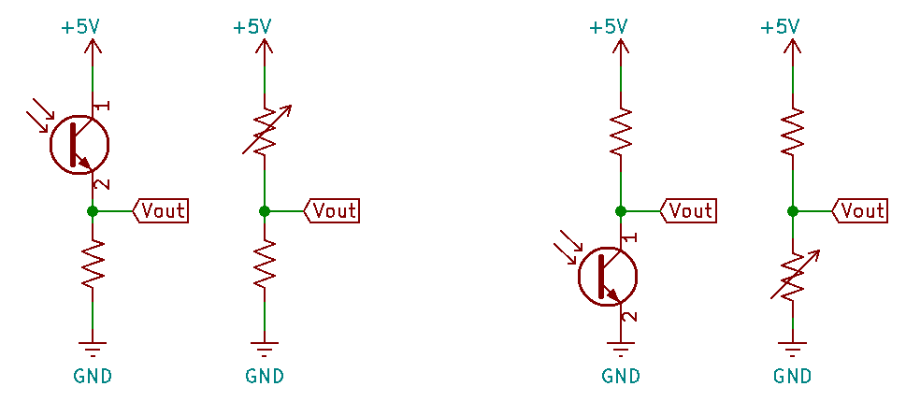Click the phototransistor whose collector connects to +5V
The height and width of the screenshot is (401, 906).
tap(80, 143)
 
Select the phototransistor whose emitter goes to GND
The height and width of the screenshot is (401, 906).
tap(609, 276)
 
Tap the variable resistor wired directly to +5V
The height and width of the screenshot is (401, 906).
tap(266, 131)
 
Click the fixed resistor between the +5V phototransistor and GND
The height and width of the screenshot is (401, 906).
tap(93, 265)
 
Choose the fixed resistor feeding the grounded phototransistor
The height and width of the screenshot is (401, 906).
tap(620, 132)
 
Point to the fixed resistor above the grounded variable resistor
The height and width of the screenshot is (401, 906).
tap(793, 132)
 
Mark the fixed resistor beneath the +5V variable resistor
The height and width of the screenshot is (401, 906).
tap(266, 265)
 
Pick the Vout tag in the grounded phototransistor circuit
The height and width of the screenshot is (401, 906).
tap(688, 211)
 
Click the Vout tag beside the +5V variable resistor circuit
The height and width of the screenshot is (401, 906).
tap(333, 211)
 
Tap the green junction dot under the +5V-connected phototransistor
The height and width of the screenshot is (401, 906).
tap(93, 211)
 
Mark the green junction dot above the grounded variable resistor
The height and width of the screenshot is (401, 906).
tap(793, 211)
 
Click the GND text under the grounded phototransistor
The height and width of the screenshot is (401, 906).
tap(620, 377)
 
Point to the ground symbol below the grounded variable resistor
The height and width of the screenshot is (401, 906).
tap(793, 352)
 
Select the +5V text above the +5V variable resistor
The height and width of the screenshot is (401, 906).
tap(252, 27)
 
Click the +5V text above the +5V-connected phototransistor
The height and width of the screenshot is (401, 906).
tap(79, 27)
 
